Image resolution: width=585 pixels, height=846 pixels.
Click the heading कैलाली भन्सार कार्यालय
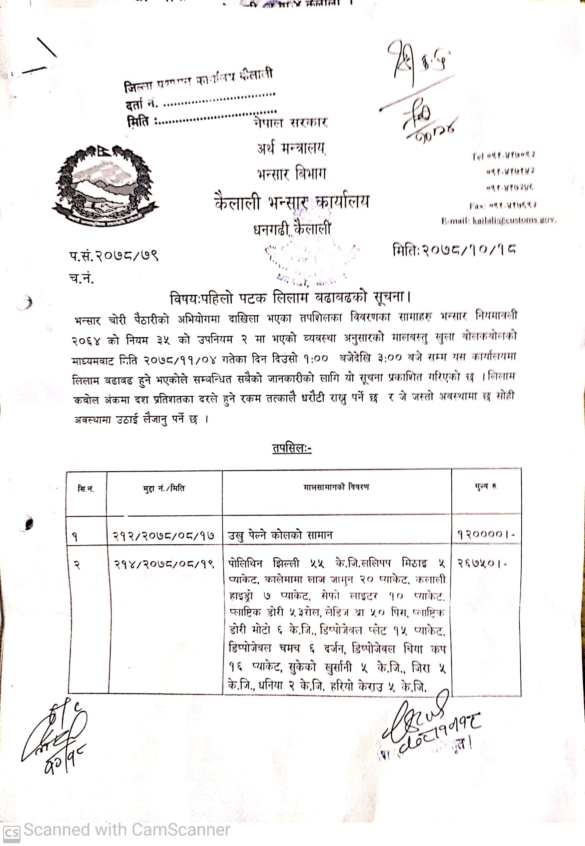[x=292, y=202]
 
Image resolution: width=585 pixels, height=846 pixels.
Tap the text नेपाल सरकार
[x=290, y=122]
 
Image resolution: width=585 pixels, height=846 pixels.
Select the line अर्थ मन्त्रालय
[x=292, y=148]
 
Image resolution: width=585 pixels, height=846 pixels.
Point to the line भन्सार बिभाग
[x=292, y=174]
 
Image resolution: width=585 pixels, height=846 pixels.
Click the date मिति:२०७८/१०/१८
[x=454, y=251]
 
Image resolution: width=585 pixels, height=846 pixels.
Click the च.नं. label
[x=81, y=279]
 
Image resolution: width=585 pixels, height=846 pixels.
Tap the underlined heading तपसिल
[x=292, y=449]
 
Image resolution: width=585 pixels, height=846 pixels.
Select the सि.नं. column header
[x=86, y=489]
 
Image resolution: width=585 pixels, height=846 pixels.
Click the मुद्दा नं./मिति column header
[x=164, y=488]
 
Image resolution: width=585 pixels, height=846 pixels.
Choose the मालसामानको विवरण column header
[x=336, y=487]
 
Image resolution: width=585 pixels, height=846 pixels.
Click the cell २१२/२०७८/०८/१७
[x=163, y=536]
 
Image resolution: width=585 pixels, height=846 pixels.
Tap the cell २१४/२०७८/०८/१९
[x=163, y=563]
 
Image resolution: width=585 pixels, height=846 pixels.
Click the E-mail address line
[x=498, y=221]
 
